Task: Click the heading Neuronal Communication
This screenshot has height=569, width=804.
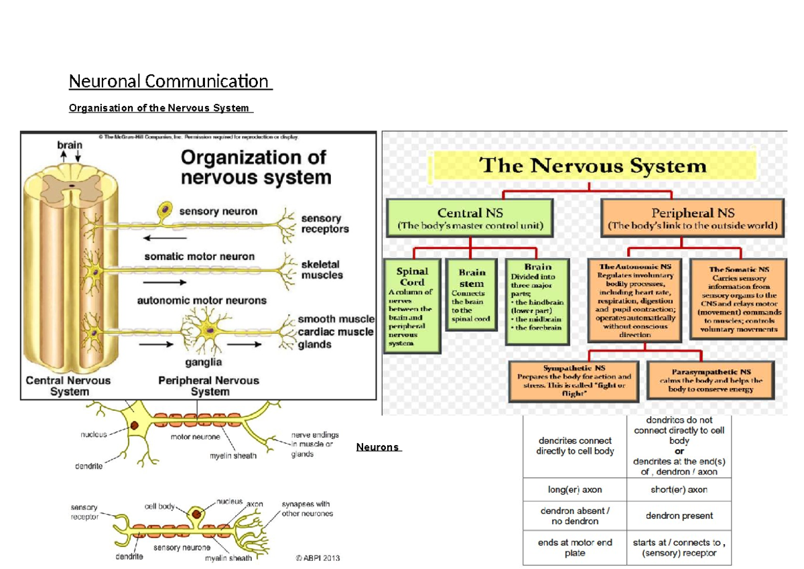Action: click(171, 82)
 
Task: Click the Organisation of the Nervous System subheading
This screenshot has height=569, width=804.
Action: click(160, 108)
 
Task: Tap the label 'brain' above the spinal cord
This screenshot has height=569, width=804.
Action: click(70, 144)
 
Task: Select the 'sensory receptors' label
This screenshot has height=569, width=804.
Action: click(325, 224)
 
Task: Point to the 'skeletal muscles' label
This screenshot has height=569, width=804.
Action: click(322, 269)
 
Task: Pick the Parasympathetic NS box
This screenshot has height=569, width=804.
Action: click(710, 380)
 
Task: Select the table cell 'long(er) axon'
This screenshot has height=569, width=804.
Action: click(574, 489)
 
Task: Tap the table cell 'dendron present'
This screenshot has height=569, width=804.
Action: click(679, 515)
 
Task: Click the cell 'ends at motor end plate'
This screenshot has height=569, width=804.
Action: click(574, 548)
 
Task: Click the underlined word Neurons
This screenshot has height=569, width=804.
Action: click(378, 447)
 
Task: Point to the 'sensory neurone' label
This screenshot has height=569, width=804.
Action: click(177, 548)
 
